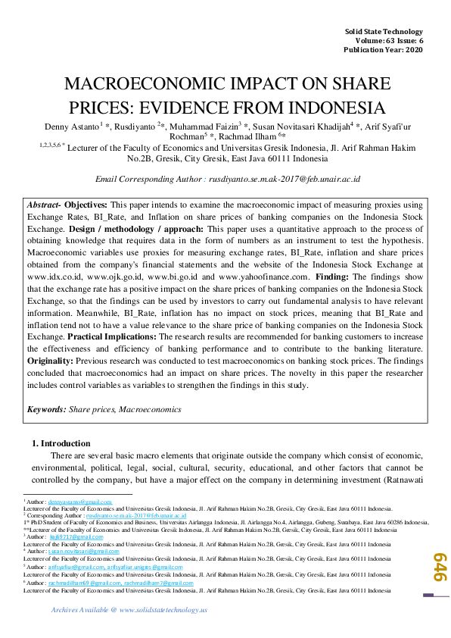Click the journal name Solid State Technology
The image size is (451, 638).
(x=384, y=30)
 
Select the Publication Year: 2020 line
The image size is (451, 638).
(x=384, y=50)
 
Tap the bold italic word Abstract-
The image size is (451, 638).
(x=43, y=205)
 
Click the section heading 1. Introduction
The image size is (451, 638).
(x=61, y=443)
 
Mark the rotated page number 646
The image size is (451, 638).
(x=437, y=566)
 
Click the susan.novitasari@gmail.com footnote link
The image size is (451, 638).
(x=81, y=552)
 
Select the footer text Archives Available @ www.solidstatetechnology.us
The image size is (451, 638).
(x=129, y=610)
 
